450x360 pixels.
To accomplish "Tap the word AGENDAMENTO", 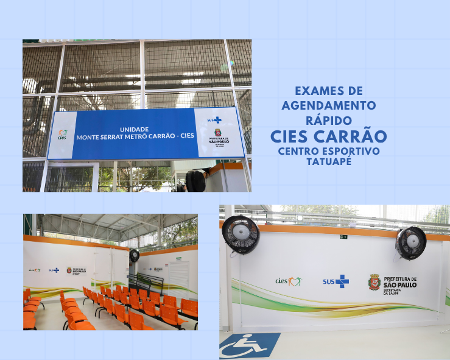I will [x=329, y=105].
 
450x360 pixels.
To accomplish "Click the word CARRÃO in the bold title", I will [x=356, y=135].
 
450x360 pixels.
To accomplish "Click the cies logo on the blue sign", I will [x=62, y=135].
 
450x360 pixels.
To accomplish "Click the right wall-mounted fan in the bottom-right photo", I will [x=410, y=241].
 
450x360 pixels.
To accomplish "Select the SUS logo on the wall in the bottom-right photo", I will [x=336, y=281].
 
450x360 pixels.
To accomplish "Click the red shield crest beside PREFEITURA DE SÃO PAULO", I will [x=374, y=281].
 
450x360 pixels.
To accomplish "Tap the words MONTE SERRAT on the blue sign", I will [x=99, y=136].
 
